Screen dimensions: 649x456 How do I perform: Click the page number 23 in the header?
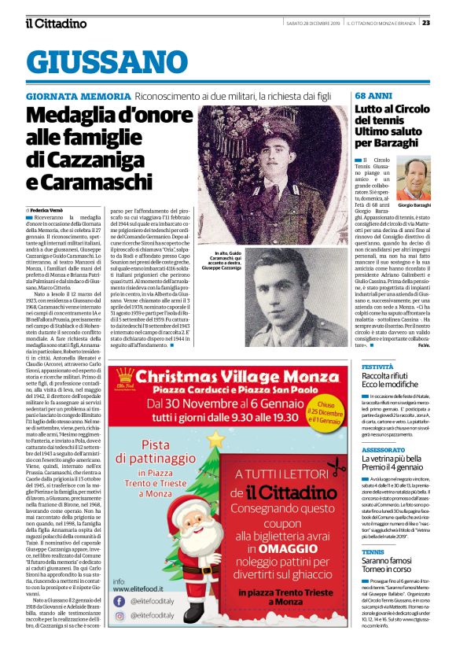click(447, 22)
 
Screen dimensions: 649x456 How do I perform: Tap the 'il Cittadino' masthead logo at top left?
click(55, 23)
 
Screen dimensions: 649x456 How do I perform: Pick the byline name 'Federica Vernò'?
click(46, 211)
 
